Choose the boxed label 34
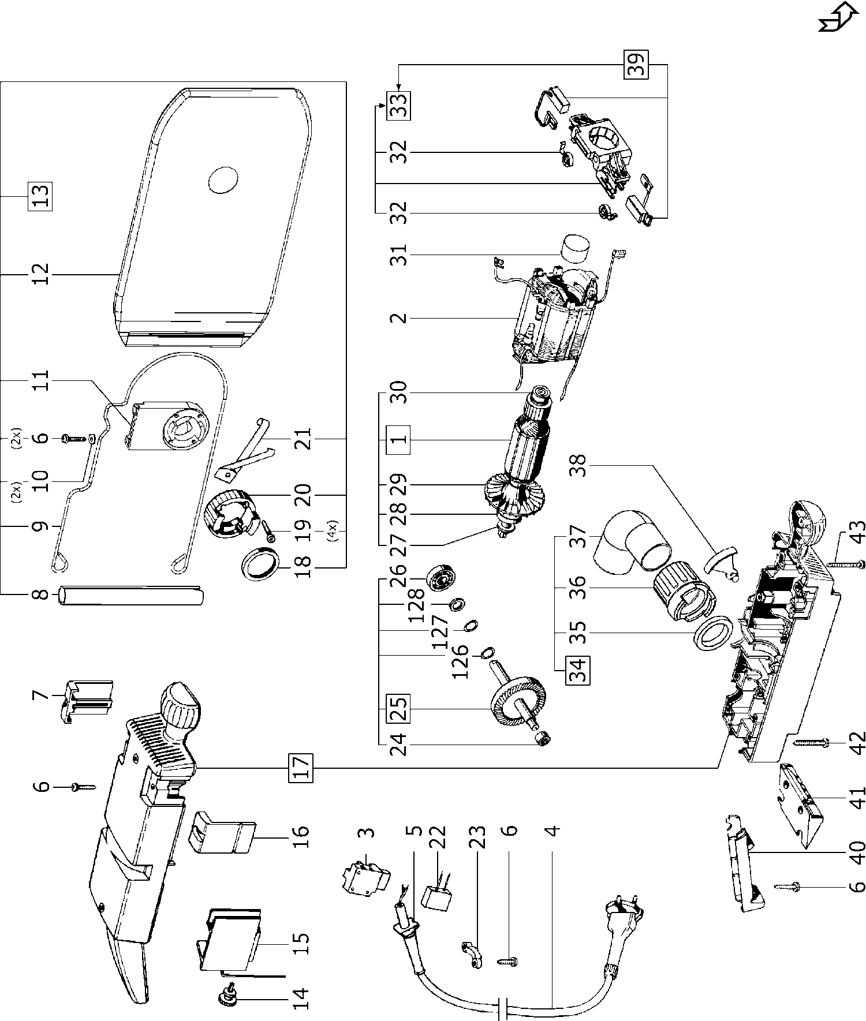click(577, 670)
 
